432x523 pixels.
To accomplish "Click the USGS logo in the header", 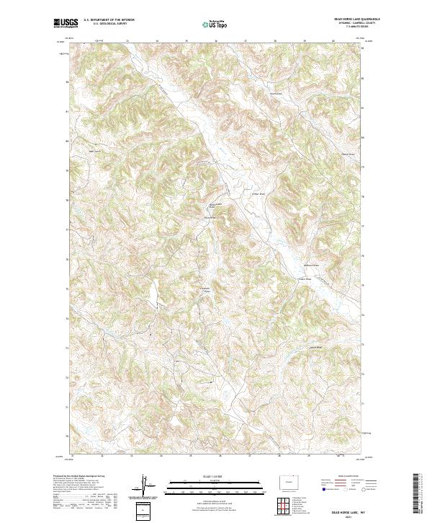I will click(66, 23).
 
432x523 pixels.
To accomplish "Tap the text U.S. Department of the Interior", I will click(109, 21).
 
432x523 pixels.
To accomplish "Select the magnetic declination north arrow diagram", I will click(145, 485).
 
